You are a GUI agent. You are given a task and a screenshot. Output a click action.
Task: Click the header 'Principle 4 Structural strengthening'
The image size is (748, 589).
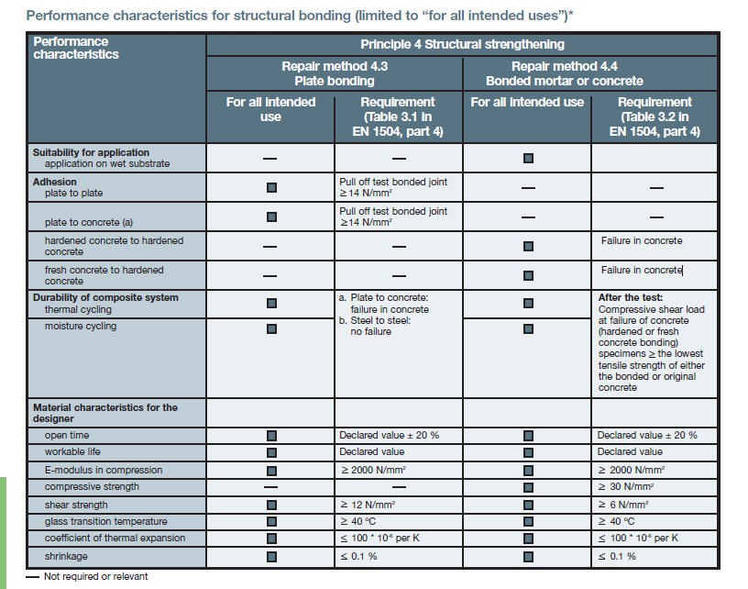[x=462, y=44]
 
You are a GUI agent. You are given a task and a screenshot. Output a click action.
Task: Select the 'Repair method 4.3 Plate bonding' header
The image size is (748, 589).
[x=335, y=73]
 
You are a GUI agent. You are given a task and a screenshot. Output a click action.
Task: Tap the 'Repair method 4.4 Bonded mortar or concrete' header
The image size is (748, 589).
[x=565, y=73]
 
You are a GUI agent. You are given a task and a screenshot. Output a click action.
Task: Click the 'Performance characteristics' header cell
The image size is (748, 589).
[x=76, y=48]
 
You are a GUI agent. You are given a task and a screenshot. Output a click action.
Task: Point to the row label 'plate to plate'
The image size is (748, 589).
[x=73, y=193]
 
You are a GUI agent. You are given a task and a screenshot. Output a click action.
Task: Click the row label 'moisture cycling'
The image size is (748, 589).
[x=81, y=326]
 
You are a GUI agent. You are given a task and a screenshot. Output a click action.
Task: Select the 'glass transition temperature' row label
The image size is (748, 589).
[x=106, y=521]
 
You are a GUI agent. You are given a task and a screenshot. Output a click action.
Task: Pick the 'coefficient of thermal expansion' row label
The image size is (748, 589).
[x=115, y=538]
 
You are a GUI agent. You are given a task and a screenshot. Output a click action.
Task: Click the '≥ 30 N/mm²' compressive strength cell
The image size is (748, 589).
[x=626, y=486]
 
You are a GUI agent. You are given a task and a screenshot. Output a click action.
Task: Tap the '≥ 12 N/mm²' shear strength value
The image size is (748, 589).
[x=368, y=505]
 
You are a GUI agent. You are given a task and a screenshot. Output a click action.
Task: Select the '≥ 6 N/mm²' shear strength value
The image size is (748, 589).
[x=623, y=505]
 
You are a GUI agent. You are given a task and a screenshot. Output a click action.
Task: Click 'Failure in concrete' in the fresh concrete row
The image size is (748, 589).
[x=642, y=270]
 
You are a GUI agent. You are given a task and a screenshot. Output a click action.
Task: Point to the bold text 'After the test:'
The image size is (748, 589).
[x=631, y=297]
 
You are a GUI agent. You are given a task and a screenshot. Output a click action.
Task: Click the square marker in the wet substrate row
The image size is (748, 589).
[x=528, y=158]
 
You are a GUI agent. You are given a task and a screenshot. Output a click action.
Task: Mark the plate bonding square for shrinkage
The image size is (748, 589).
[x=271, y=557]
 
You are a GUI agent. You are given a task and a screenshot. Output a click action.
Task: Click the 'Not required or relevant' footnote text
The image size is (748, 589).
[x=96, y=576]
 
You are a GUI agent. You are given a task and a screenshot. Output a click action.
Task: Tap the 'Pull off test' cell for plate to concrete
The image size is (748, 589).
[x=393, y=217]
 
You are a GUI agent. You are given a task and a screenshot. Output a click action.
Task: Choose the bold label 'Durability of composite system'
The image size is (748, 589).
[x=105, y=297]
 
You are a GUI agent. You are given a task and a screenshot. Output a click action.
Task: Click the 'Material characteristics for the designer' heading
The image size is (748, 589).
[x=104, y=413]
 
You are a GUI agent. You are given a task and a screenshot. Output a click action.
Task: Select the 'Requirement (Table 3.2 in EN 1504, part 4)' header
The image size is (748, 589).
[x=654, y=117]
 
